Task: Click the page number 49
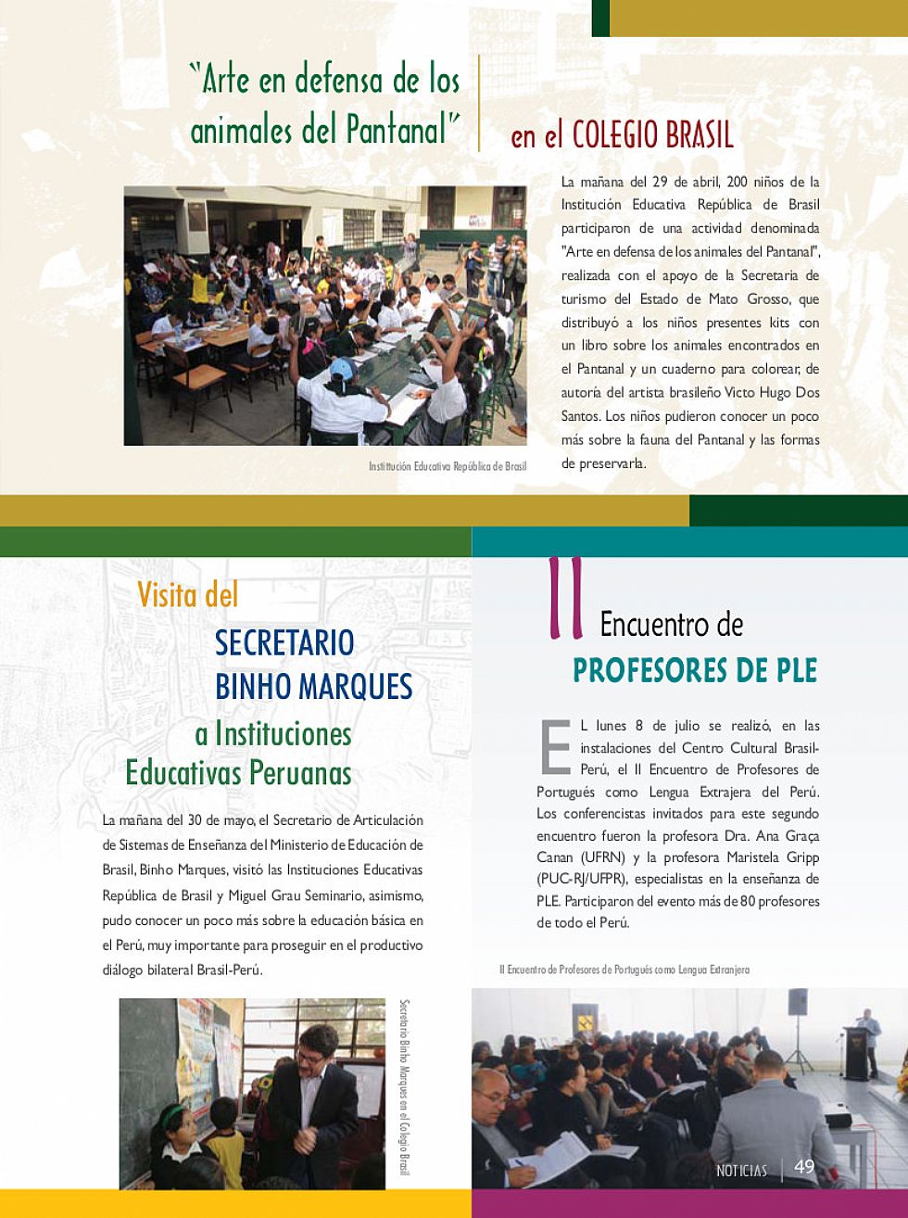click(804, 1167)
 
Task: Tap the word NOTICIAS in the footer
click(741, 1171)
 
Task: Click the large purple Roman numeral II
click(565, 599)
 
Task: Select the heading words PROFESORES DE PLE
click(695, 669)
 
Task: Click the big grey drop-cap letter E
click(555, 746)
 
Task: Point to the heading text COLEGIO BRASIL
click(652, 135)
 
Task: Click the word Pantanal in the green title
click(397, 129)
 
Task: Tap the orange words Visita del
click(188, 595)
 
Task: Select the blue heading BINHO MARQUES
click(313, 687)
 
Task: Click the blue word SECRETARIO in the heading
click(284, 642)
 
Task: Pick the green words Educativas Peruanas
click(239, 772)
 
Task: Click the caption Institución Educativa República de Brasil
click(447, 466)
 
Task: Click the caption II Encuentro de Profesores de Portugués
click(624, 970)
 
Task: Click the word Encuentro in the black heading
click(672, 625)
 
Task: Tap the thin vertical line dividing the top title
click(479, 102)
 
